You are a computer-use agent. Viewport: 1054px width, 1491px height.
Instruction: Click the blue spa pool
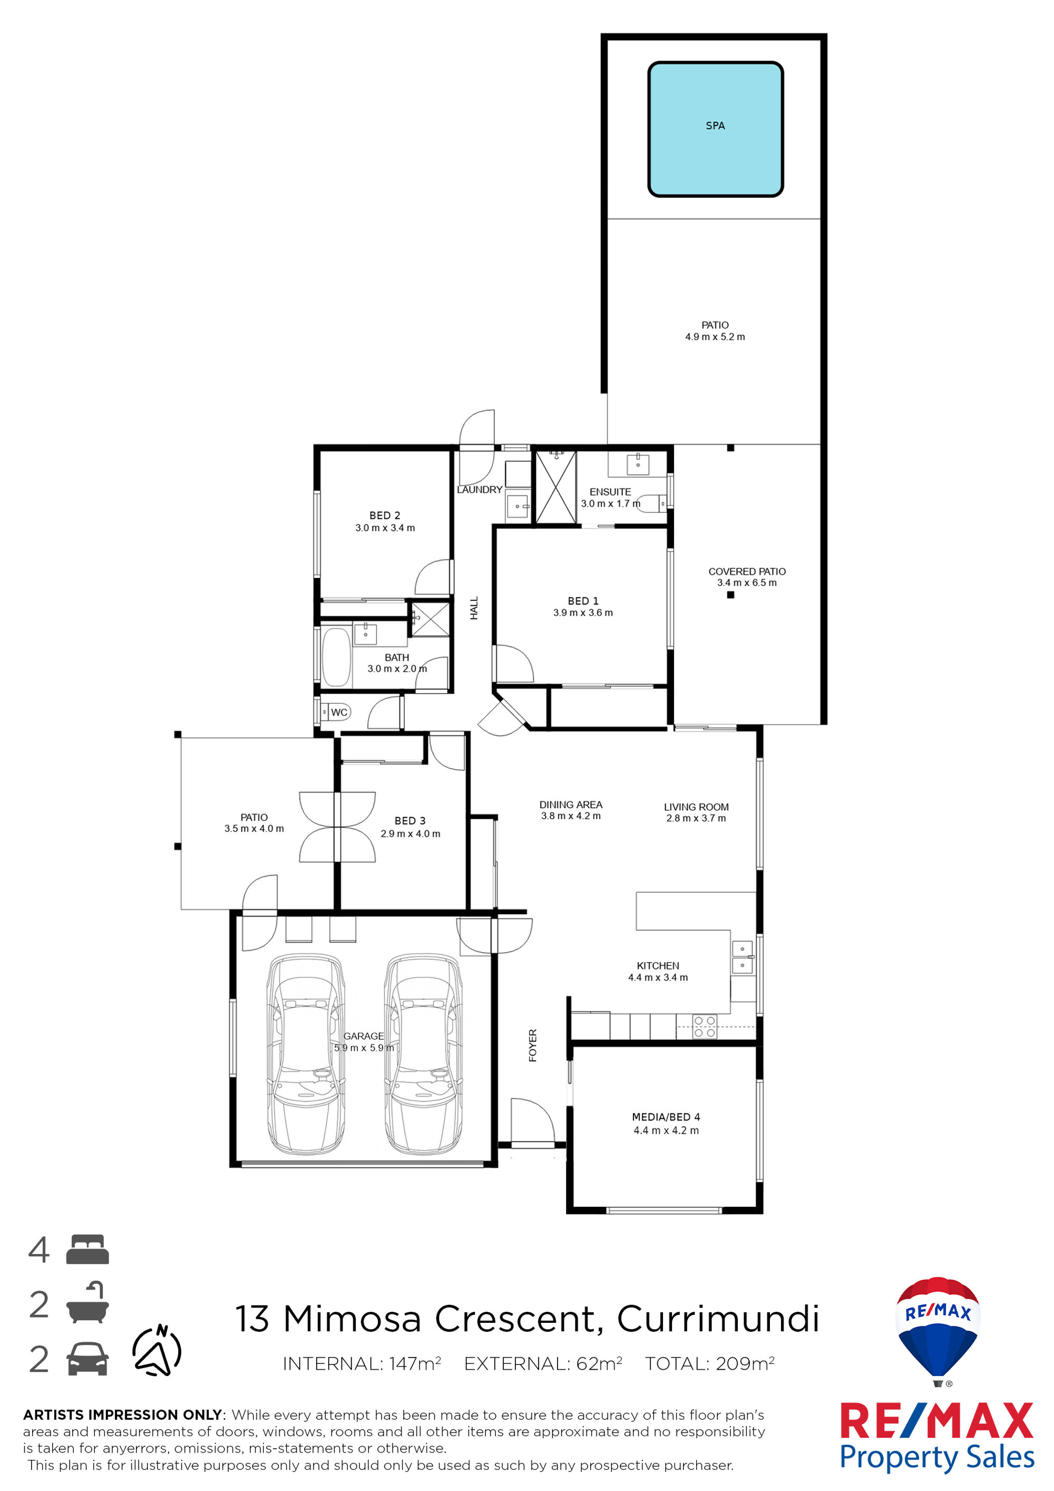(x=715, y=129)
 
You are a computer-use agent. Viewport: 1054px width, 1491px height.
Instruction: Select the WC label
(x=339, y=712)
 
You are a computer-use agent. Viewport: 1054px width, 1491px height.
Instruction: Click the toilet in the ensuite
(x=652, y=502)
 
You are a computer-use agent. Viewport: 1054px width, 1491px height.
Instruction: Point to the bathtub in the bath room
(x=336, y=656)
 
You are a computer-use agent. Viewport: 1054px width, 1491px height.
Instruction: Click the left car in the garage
(x=306, y=1054)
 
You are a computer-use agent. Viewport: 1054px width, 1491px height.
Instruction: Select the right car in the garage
(x=423, y=1054)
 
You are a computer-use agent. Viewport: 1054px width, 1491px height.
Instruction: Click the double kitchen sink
(x=742, y=957)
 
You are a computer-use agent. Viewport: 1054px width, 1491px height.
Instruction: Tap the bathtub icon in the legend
(x=87, y=1303)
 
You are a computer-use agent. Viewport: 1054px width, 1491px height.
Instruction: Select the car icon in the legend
(x=87, y=1359)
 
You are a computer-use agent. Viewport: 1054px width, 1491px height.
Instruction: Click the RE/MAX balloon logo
(x=937, y=1331)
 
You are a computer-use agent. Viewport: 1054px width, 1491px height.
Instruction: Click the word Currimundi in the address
(x=718, y=1320)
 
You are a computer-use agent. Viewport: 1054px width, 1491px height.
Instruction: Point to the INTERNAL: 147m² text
(x=362, y=1364)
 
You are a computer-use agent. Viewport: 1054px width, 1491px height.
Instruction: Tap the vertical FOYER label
(x=533, y=1045)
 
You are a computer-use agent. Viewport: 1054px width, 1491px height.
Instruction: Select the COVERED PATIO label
(x=747, y=572)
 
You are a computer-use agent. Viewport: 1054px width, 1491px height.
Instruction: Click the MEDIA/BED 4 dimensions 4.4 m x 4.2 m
(x=667, y=1130)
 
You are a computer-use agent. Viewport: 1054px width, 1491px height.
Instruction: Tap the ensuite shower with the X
(x=555, y=487)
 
